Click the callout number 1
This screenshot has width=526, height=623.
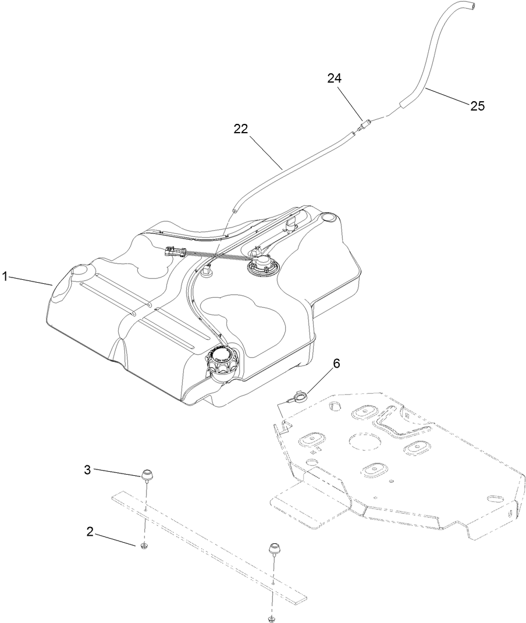(x=5, y=277)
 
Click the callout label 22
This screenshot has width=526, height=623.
(x=241, y=129)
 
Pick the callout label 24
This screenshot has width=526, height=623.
(x=334, y=79)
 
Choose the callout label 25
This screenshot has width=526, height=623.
(x=477, y=106)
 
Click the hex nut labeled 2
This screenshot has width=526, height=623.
(x=143, y=545)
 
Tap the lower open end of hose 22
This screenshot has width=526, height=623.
(x=234, y=211)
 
